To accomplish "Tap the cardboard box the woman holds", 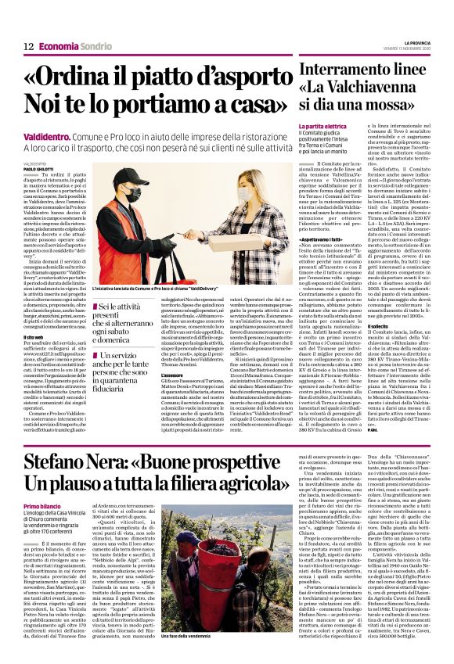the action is [200, 241].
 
